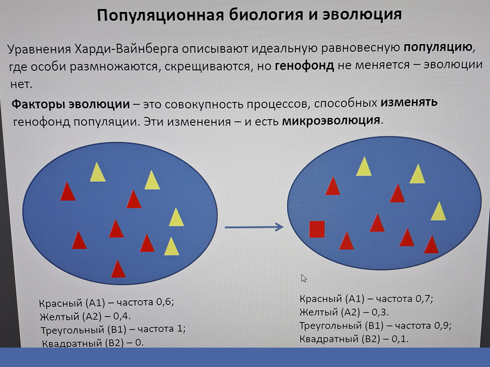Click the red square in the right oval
tap(317, 229)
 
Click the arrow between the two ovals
tap(254, 227)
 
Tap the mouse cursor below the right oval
tap(304, 278)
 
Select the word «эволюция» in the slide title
tap(362, 15)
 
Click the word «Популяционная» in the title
tap(160, 16)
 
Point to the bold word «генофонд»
tap(304, 66)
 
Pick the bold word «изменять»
tap(409, 102)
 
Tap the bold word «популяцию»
tap(438, 48)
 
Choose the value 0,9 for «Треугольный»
tap(442, 325)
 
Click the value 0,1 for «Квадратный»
tap(399, 338)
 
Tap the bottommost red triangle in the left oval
tap(118, 269)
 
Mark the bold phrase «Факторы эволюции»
tap(71, 104)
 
